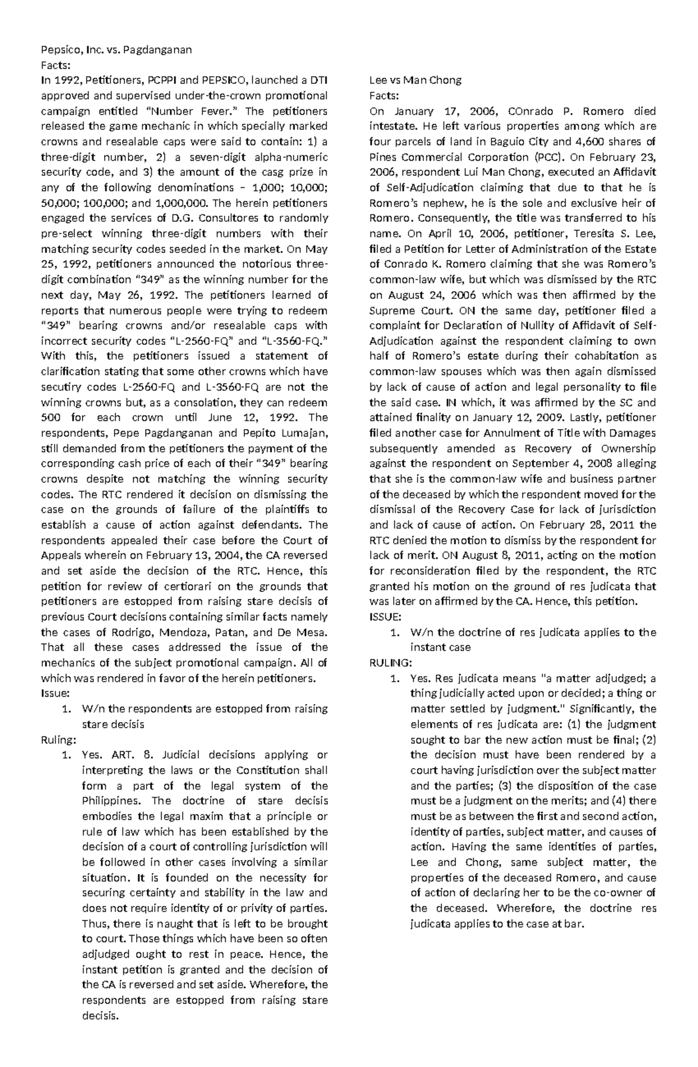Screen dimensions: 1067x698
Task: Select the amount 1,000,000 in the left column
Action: pyautogui.click(x=181, y=203)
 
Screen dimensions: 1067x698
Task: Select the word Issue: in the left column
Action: pyautogui.click(x=55, y=693)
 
